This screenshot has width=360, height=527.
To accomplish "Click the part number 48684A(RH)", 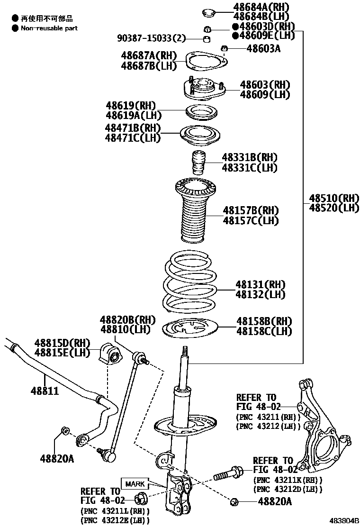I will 261,7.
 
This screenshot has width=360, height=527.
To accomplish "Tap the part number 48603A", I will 263,48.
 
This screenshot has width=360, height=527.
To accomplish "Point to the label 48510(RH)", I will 334,198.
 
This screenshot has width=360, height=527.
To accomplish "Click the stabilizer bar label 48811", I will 45,391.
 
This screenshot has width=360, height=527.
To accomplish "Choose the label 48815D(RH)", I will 62,343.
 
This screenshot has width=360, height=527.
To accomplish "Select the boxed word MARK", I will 135,484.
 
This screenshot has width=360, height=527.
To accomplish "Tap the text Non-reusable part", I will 49,28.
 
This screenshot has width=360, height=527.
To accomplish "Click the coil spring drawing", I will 188,283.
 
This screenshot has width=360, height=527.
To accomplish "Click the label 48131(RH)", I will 261,284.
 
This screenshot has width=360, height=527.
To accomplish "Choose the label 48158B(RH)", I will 264,321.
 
